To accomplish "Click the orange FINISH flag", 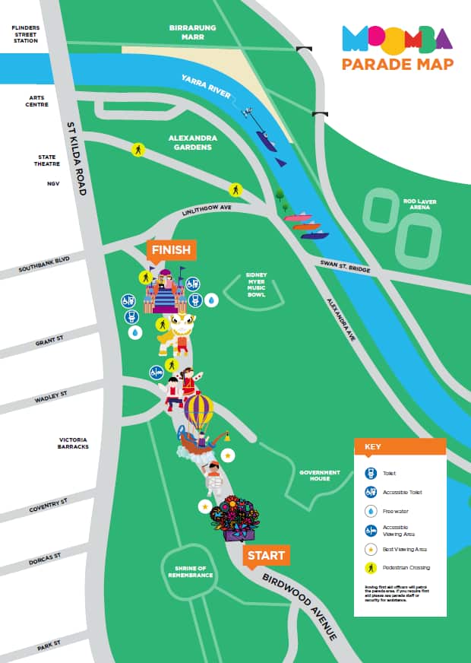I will pos(171,250).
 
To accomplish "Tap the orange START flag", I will pos(266,556).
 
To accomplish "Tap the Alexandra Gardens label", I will pos(193,142).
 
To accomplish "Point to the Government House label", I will pos(319,476).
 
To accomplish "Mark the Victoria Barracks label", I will pos(74,443).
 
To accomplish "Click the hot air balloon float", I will pos(199,411).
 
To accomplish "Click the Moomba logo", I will pos(397,38).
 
